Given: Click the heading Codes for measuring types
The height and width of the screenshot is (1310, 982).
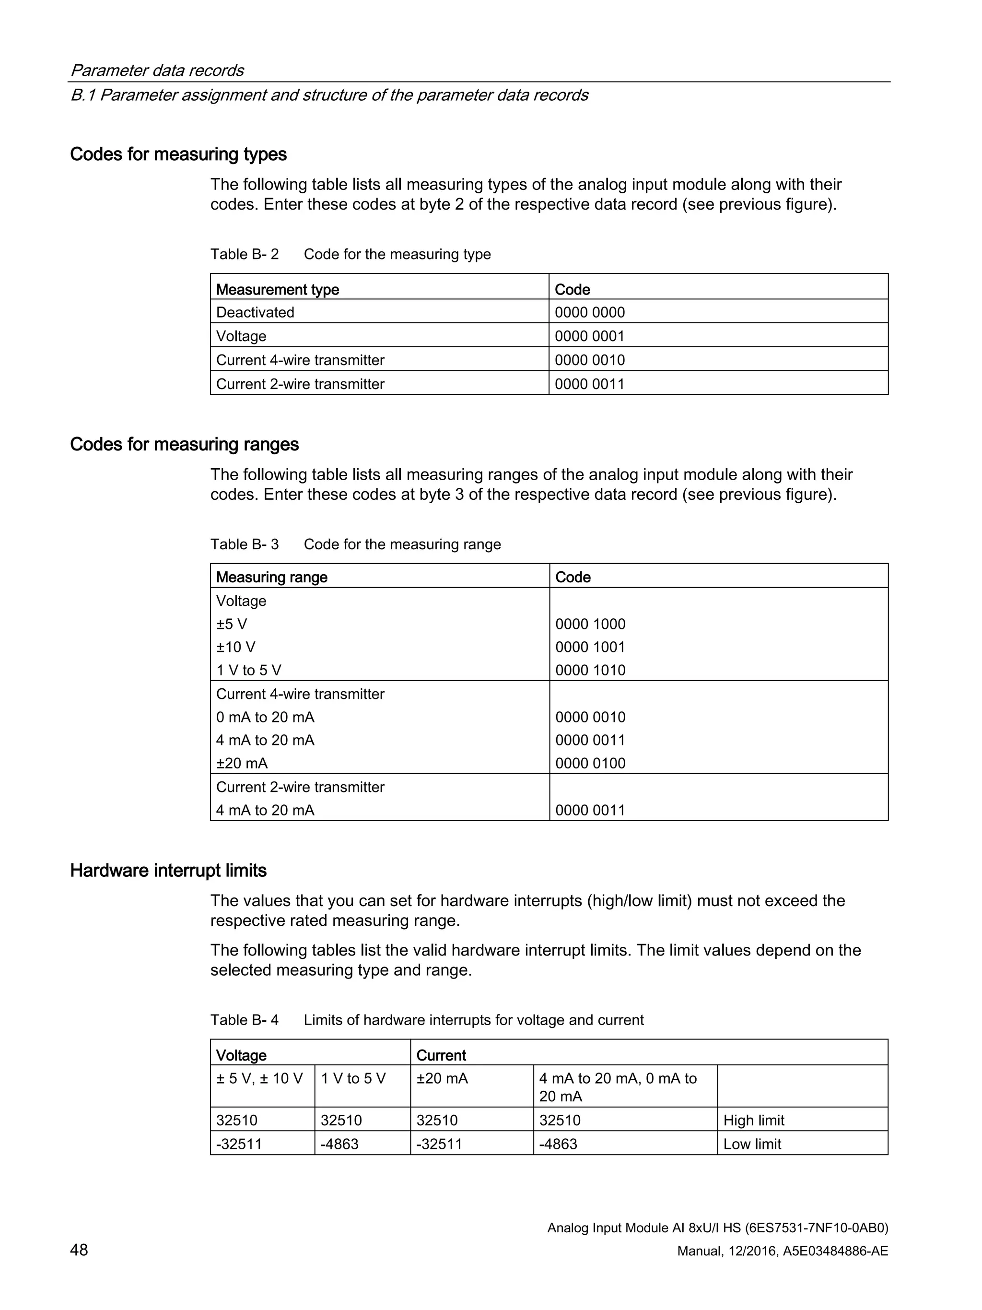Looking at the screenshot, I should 178,154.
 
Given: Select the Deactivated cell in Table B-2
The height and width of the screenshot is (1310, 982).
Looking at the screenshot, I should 255,312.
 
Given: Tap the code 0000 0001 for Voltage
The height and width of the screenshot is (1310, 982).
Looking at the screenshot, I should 590,336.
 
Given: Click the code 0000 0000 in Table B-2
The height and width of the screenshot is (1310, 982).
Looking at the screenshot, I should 590,312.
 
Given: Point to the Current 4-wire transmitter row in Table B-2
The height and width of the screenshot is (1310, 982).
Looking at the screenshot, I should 300,360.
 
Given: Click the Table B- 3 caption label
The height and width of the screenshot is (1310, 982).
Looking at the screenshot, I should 245,544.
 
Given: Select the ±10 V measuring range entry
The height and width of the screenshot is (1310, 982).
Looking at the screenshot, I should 235,647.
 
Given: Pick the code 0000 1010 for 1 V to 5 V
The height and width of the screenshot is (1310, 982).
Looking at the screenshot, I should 590,671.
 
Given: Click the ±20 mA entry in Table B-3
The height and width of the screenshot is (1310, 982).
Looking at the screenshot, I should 242,763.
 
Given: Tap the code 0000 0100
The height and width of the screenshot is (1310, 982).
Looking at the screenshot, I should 590,763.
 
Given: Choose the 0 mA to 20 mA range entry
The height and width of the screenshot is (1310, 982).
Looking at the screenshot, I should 265,717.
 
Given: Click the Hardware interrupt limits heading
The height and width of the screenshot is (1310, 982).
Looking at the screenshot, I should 168,871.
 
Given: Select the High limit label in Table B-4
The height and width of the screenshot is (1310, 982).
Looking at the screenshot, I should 753,1121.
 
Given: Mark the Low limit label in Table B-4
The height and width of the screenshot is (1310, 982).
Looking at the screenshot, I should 752,1144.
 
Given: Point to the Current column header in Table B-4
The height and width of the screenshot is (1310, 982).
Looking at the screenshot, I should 441,1055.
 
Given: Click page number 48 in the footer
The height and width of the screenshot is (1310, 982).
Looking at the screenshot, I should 79,1250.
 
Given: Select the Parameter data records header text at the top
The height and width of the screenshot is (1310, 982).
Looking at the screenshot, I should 157,71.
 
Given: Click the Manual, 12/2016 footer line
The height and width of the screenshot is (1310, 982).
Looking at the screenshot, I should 782,1251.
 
